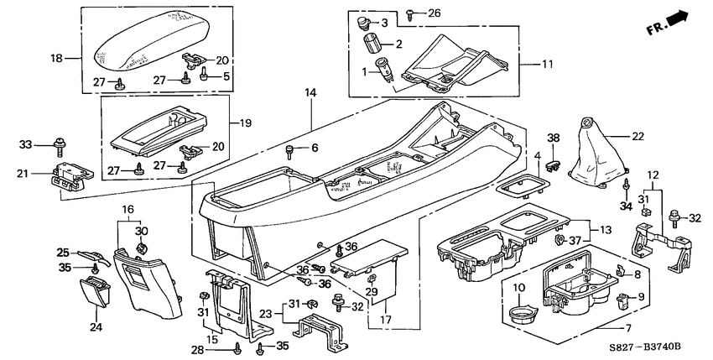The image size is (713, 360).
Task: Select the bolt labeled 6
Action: pyautogui.click(x=291, y=152)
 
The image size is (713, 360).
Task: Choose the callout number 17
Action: pyautogui.click(x=386, y=318)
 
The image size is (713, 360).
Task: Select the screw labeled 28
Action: pyautogui.click(x=240, y=344)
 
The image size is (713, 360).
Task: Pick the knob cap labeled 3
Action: pyautogui.click(x=364, y=22)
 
